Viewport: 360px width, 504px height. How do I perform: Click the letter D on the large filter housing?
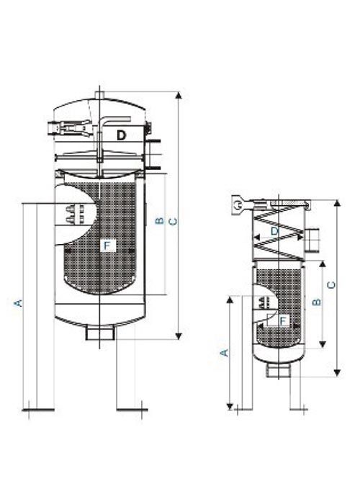122,135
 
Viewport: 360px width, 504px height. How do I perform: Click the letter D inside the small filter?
274,231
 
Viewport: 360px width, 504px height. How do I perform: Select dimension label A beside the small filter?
224,352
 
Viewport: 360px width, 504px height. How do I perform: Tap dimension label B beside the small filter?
315,303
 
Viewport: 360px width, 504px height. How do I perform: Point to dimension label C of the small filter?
330,284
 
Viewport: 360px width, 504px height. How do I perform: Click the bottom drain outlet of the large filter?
100,333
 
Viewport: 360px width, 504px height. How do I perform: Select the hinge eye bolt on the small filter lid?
236,205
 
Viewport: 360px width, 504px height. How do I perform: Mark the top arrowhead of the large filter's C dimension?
177,94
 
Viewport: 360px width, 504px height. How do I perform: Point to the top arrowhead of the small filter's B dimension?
321,264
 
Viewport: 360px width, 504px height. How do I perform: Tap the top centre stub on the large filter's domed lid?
100,94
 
